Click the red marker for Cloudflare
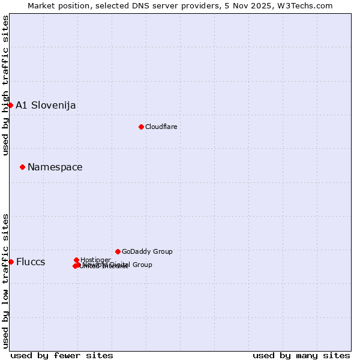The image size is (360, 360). tap(141, 127)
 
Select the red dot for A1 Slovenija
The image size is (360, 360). tap(10, 106)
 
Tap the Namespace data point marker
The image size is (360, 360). tap(22, 167)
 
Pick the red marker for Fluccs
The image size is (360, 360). tap(11, 262)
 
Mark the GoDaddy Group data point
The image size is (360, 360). tap(118, 251)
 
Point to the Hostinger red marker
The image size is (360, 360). tap(76, 260)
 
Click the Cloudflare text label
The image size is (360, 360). tap(161, 127)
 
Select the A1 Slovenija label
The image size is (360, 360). tap(46, 106)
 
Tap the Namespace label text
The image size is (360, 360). tap(55, 167)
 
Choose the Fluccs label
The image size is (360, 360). tap(31, 262)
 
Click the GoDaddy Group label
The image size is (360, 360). tap(147, 251)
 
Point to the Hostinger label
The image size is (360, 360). tap(95, 260)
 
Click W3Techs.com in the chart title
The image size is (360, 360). tap(308, 5)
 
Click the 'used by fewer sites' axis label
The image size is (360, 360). tap(62, 355)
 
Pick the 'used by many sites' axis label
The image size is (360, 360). tap(301, 355)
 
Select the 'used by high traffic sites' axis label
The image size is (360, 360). tap(5, 85)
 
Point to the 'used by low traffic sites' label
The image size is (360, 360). tap(5, 280)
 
